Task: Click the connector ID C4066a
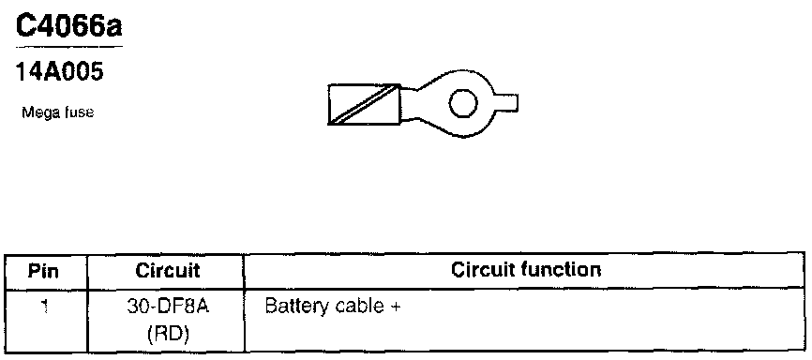[x=68, y=26]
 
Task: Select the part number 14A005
[x=60, y=71]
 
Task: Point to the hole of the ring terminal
[x=463, y=103]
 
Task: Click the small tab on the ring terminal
[x=506, y=102]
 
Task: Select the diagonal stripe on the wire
[x=365, y=105]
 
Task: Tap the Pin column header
[x=43, y=271]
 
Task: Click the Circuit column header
[x=167, y=270]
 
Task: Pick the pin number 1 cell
[x=45, y=307]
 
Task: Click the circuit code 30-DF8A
[x=168, y=307]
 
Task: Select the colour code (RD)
[x=167, y=335]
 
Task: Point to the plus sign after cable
[x=395, y=307]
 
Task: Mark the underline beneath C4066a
[x=68, y=47]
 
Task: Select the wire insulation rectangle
[x=365, y=105]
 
